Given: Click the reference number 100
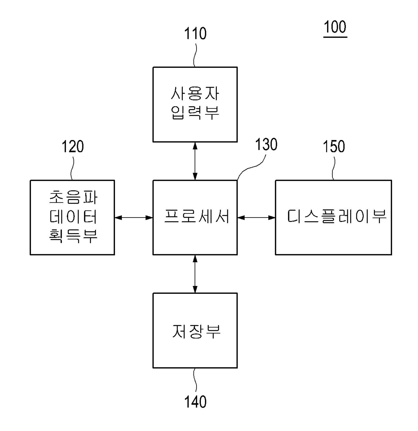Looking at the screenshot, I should click(335, 27).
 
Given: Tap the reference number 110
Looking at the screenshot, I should click(195, 34).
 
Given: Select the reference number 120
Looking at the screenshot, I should click(72, 147).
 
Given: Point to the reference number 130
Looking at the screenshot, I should click(266, 144).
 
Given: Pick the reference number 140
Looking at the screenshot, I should click(195, 402).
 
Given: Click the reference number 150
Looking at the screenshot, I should click(334, 147).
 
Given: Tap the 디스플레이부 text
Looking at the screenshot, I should click(336, 216).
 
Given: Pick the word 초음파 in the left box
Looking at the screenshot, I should click(73, 197).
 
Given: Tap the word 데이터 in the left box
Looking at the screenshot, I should click(73, 217).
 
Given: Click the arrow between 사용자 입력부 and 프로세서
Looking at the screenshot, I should click(195, 161).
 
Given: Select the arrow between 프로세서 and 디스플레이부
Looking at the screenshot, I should click(256, 218).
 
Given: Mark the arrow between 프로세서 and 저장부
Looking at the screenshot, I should click(195, 274).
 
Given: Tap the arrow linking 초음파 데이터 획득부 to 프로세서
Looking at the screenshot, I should click(134, 218).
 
